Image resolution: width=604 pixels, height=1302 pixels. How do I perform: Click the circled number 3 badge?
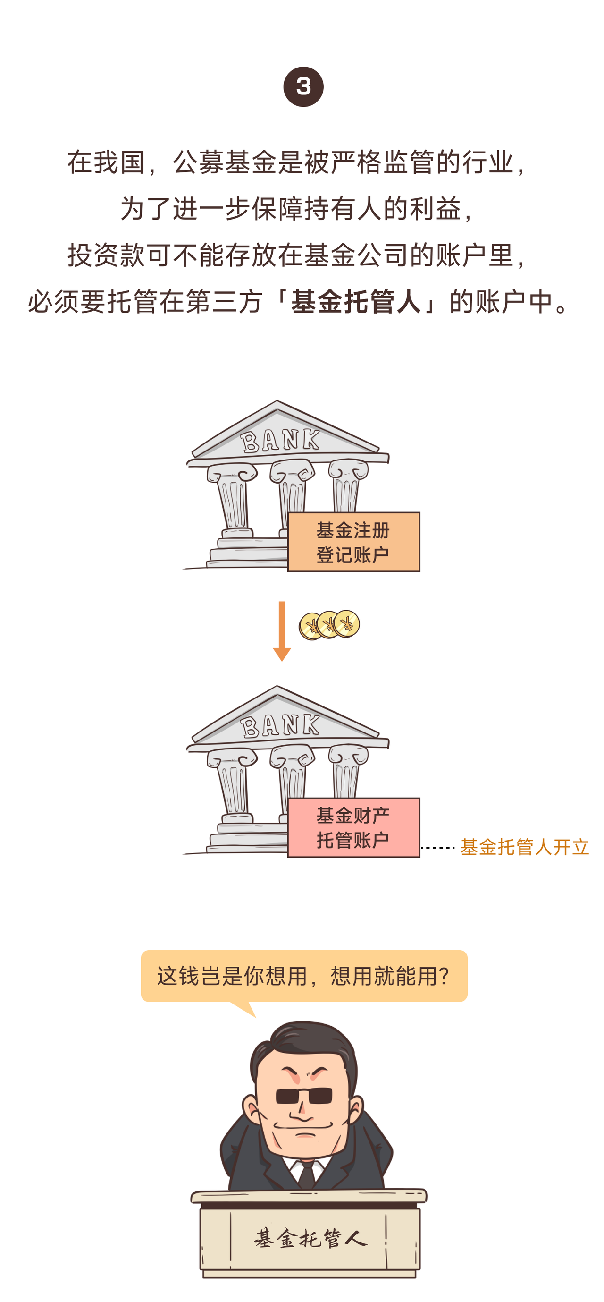303,86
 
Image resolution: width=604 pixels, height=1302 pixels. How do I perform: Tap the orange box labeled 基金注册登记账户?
353,542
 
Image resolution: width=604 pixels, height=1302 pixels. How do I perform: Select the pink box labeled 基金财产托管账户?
353,827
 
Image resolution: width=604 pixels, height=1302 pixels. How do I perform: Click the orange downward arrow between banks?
282,631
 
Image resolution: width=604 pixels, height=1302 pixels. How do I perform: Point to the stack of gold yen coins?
329,625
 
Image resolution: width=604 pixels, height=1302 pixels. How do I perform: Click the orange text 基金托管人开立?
524,847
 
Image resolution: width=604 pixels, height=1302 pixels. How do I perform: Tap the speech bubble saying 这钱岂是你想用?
303,976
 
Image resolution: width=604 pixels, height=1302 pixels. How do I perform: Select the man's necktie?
307,1175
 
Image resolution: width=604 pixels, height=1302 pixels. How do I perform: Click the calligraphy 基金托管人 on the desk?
310,1238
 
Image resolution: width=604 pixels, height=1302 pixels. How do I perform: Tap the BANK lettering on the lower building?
280,726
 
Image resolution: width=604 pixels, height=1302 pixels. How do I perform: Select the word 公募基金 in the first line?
225,163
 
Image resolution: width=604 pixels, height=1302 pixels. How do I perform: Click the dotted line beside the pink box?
438,848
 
